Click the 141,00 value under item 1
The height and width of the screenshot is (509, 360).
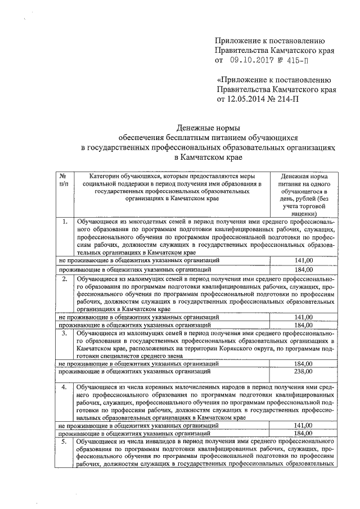coord(303,260)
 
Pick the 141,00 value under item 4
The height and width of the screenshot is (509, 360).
coord(303,426)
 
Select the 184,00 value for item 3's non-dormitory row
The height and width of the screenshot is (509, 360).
coord(303,364)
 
